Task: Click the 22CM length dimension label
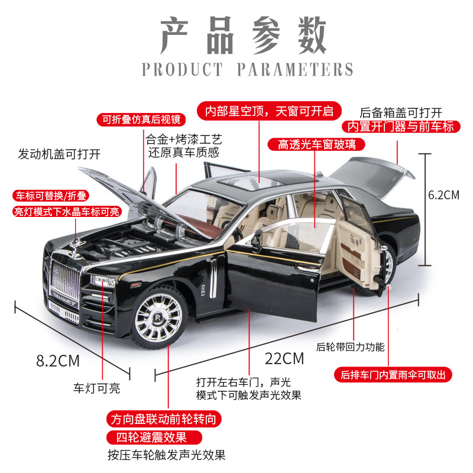click(285, 358)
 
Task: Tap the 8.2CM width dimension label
click(58, 360)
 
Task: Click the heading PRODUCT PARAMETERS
click(247, 69)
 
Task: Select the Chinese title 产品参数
click(244, 35)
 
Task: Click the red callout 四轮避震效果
click(155, 438)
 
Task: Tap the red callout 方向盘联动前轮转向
click(166, 419)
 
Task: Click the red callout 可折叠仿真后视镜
click(140, 119)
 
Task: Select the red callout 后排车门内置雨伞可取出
click(393, 374)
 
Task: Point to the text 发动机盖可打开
click(59, 154)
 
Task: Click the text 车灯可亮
click(96, 388)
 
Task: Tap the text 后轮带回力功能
click(350, 347)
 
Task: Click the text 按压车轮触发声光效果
click(166, 455)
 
